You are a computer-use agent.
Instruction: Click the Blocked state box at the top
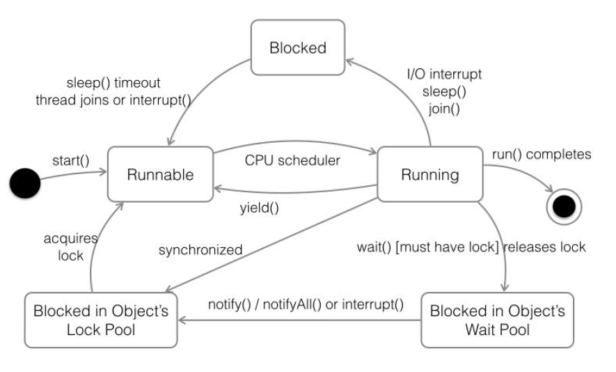point(298,48)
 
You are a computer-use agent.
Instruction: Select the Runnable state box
point(159,175)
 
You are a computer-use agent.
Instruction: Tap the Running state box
point(429,175)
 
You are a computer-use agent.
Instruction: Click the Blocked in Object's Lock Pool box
point(101,320)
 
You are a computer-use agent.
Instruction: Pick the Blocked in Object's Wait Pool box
point(498,320)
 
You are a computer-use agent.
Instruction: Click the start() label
point(71,160)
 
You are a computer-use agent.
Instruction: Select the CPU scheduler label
point(292,160)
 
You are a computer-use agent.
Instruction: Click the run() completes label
point(542,154)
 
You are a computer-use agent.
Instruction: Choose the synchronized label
point(200,249)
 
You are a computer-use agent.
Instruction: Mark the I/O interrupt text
point(443,74)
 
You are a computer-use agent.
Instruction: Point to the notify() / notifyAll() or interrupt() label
point(306,305)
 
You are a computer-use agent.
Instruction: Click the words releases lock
point(545,247)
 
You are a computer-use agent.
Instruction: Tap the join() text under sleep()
point(443,109)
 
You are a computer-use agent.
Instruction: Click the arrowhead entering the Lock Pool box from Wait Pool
point(182,320)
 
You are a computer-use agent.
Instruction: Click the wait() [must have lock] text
point(428,247)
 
